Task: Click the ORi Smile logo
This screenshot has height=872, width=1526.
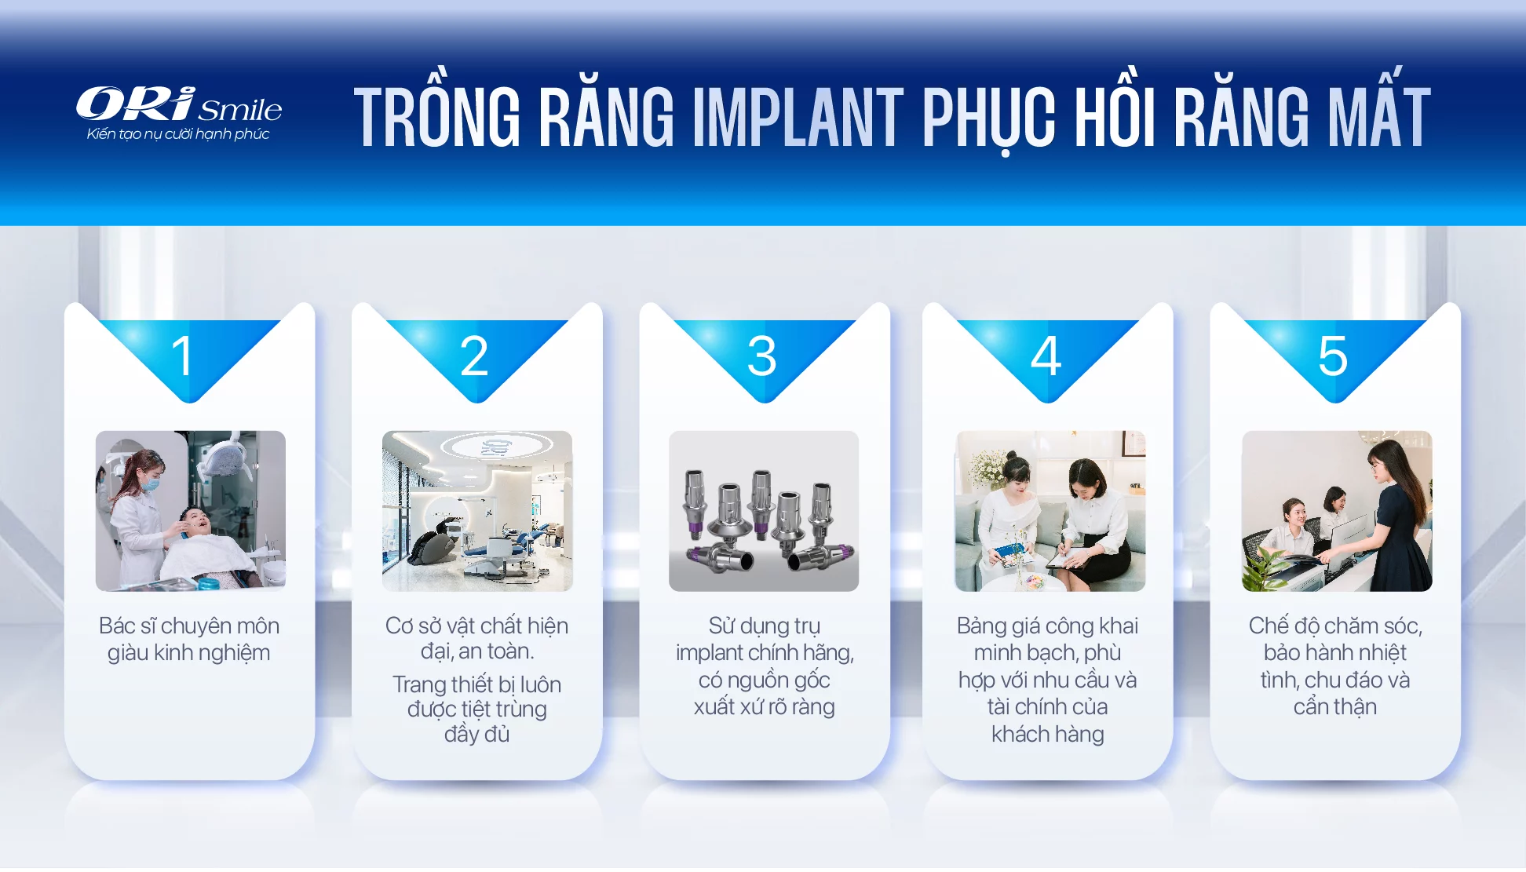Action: (179, 113)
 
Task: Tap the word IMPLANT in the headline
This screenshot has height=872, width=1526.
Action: (798, 117)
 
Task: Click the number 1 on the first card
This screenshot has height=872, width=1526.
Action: (182, 356)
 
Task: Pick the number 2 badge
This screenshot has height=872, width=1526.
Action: (474, 356)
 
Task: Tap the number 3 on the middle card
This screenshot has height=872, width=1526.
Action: (761, 356)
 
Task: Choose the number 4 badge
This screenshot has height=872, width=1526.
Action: (1046, 356)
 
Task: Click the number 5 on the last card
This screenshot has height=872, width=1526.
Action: (1333, 356)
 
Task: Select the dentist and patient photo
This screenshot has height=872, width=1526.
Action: (191, 511)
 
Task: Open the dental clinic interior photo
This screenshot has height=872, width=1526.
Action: (477, 511)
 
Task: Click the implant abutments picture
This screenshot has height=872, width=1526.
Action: (764, 511)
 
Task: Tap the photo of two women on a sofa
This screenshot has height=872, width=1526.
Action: (1050, 511)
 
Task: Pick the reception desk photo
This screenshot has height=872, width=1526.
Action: (1337, 511)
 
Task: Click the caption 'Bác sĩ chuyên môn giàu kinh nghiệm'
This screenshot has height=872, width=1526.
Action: (189, 639)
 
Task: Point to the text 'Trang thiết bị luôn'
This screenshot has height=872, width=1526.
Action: (477, 684)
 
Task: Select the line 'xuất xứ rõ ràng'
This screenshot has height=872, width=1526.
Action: (765, 707)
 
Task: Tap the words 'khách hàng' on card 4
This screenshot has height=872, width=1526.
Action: (1048, 734)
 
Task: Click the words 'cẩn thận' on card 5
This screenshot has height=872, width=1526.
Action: (1335, 707)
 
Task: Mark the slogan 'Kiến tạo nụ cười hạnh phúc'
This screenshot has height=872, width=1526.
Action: (178, 134)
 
